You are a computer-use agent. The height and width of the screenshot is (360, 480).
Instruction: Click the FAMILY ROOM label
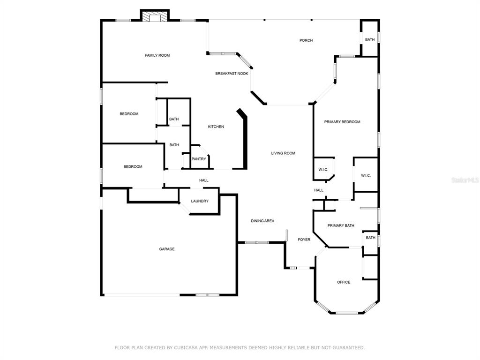tap(157, 55)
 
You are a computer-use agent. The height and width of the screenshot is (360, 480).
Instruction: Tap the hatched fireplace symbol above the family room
tap(155, 17)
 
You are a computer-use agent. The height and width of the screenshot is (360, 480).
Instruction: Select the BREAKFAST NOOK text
tap(232, 74)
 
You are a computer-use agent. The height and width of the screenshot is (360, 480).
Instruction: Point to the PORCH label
tap(306, 40)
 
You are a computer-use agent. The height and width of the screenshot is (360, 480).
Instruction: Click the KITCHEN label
tap(216, 127)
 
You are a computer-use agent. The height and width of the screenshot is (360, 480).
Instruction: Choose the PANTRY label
tap(199, 159)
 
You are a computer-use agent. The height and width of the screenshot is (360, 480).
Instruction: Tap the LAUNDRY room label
tap(200, 201)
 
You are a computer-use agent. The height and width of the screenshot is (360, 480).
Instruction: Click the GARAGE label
tap(167, 249)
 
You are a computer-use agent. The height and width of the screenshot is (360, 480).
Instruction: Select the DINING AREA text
tap(262, 221)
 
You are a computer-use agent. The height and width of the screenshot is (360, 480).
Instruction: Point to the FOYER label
tap(304, 240)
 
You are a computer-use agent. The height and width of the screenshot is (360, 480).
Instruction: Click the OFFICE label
tap(344, 282)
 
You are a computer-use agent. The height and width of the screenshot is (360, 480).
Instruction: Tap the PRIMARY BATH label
tap(341, 225)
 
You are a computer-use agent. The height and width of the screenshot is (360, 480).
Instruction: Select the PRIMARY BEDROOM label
tap(342, 122)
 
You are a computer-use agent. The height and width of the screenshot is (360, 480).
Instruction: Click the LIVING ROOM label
tap(283, 153)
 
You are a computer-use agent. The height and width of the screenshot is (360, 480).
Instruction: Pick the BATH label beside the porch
tap(370, 39)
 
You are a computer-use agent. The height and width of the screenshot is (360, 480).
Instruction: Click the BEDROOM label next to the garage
tap(133, 167)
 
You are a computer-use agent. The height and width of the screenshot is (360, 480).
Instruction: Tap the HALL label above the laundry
tap(204, 180)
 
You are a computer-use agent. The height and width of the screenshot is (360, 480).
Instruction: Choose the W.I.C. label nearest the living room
tap(323, 170)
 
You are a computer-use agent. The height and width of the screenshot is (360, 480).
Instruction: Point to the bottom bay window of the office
tap(347, 313)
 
